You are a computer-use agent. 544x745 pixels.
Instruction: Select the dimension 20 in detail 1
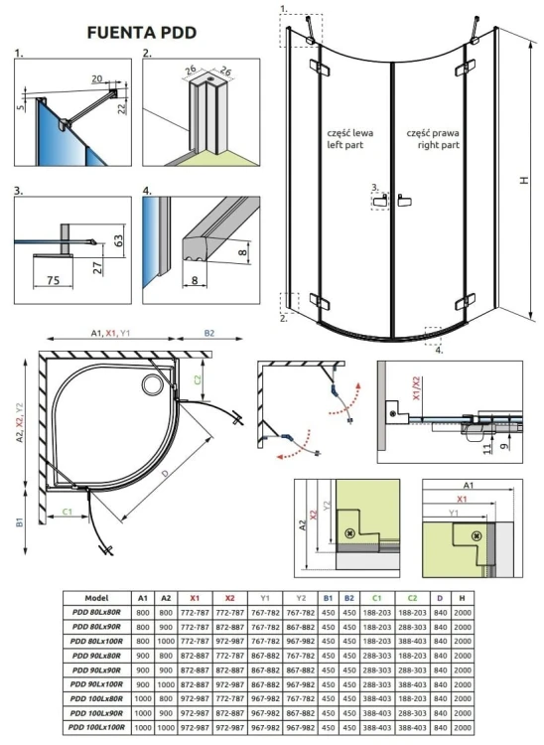click(97, 78)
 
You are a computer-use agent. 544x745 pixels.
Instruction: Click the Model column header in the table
click(97, 599)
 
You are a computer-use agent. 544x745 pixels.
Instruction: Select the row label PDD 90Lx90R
click(97, 670)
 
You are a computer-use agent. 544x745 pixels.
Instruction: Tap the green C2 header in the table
click(412, 599)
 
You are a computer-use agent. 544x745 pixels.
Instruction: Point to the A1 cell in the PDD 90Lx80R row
click(142, 657)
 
